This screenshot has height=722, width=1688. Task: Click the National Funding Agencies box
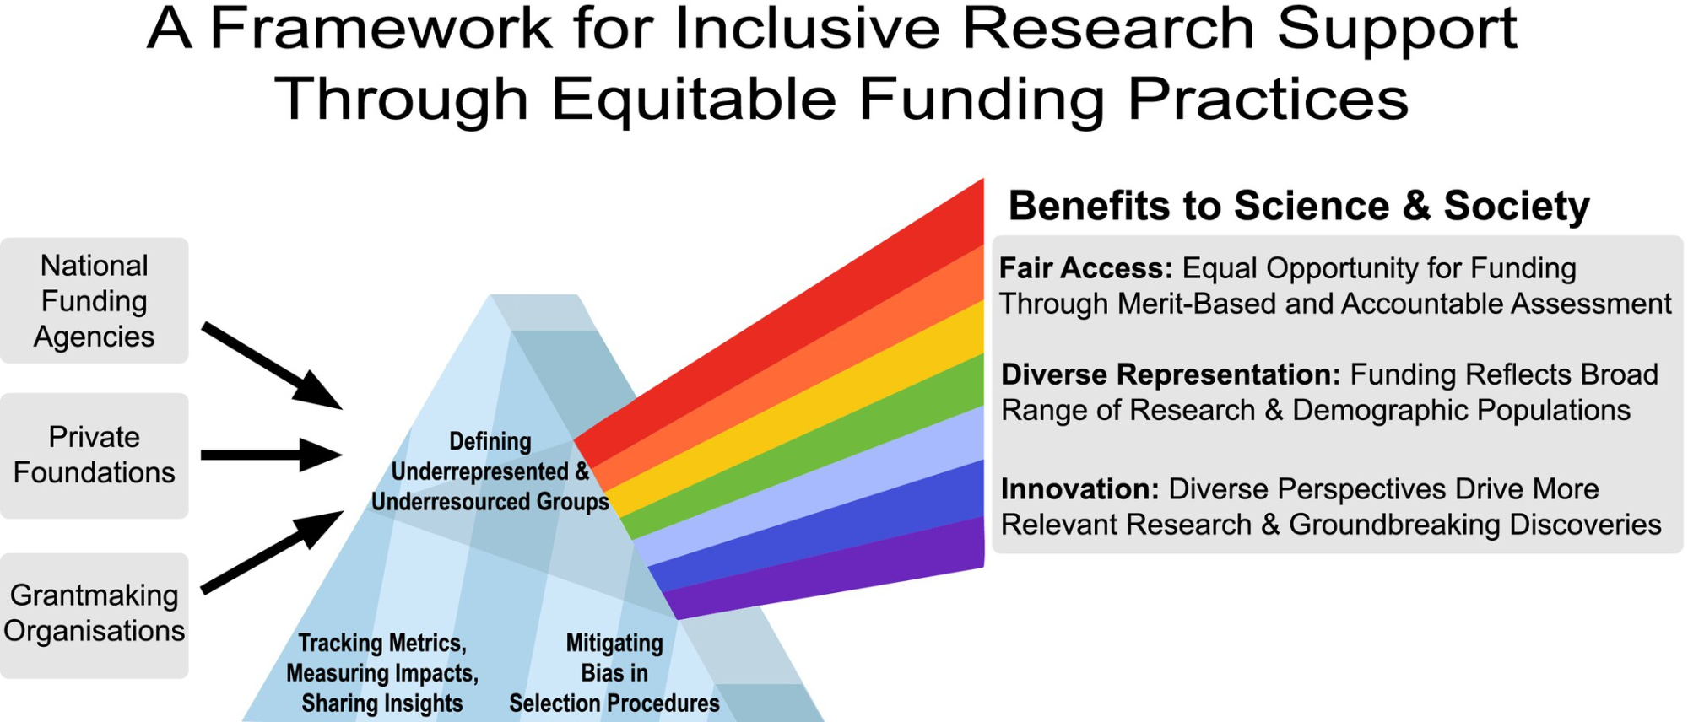(94, 300)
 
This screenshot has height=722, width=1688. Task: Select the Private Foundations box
(94, 455)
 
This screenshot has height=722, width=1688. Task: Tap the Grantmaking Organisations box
(94, 616)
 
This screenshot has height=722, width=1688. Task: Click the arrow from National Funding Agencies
(272, 366)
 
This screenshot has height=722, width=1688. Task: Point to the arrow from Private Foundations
(272, 455)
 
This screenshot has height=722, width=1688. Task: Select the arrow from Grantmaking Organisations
(272, 552)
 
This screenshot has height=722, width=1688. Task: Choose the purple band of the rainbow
(827, 574)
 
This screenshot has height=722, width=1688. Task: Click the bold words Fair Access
(1086, 268)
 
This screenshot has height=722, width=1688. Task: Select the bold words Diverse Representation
(1171, 374)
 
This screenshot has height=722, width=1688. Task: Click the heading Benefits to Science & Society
(1299, 206)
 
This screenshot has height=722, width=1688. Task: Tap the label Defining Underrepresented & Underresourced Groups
(490, 471)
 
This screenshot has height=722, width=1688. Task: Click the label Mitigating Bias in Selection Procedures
(614, 673)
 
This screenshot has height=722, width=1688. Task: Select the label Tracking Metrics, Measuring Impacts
(382, 658)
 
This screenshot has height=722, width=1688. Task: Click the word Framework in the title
(381, 29)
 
